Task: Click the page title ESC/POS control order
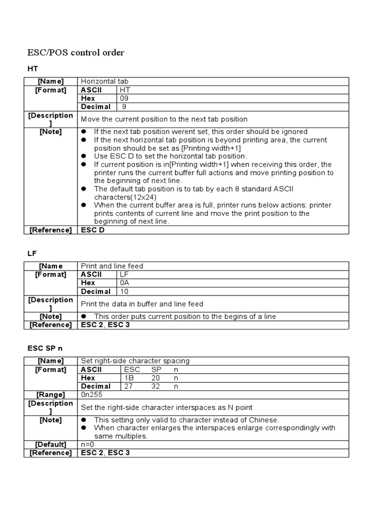click(x=75, y=52)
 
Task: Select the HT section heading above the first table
click(x=32, y=68)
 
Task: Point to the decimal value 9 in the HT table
click(x=124, y=106)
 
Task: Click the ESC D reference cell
click(x=92, y=230)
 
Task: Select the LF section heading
click(x=31, y=253)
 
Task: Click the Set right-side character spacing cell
click(x=135, y=361)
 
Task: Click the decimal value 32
click(x=156, y=386)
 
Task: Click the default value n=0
click(x=87, y=444)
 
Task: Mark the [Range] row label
click(x=50, y=394)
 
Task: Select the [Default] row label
click(x=50, y=444)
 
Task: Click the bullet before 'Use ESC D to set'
click(x=84, y=156)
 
